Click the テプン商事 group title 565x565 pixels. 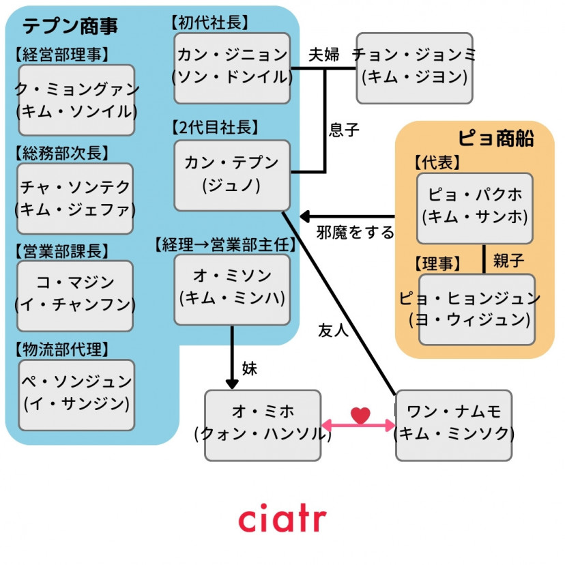coord(70,26)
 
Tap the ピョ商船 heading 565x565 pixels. coord(496,138)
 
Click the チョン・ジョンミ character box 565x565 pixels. coord(414,67)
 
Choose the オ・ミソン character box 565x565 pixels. coord(232,288)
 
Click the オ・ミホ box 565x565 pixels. coord(262,424)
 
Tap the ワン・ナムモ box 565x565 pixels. coord(453,424)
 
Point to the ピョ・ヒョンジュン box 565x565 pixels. coord(476,309)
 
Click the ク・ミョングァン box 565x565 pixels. coord(76,100)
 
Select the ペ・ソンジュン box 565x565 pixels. coord(76,394)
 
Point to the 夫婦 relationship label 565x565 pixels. coord(323,55)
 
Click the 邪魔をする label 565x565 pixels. coord(355,233)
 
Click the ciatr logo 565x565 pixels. coord(282,519)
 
